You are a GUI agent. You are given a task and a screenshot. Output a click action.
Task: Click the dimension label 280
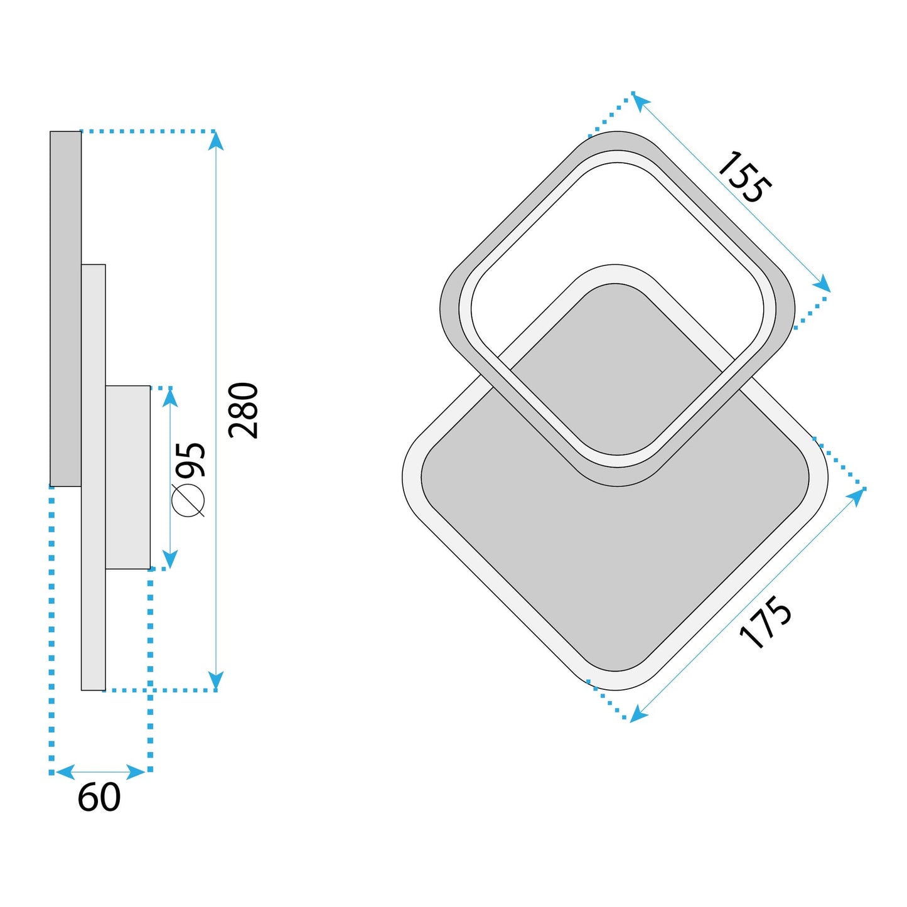(244, 410)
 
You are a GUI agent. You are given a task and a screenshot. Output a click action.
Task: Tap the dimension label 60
(99, 798)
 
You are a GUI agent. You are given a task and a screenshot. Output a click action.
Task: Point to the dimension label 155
(744, 177)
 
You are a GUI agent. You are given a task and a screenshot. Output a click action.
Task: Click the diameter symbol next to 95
(188, 500)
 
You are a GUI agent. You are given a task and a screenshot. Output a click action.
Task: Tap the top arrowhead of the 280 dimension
(216, 141)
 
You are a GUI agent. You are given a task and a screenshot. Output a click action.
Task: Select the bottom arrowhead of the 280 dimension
(216, 680)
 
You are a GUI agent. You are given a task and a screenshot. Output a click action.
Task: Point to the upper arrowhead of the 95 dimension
(170, 398)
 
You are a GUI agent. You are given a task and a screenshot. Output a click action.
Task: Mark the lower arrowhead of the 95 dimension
(170, 559)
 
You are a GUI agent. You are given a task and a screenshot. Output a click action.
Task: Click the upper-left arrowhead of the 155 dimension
(640, 100)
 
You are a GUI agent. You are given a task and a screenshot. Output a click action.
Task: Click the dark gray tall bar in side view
(65, 308)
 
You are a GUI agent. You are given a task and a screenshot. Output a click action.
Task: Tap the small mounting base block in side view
(127, 477)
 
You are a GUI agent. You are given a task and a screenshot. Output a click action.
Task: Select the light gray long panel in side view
(94, 565)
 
